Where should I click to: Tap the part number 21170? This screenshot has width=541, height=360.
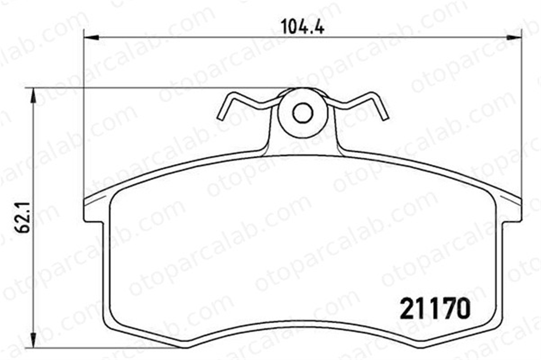436,309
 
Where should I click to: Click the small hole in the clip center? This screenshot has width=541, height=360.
303,113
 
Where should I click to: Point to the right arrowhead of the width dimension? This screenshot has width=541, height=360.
513,37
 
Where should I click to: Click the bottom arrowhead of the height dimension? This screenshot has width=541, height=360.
33,342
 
